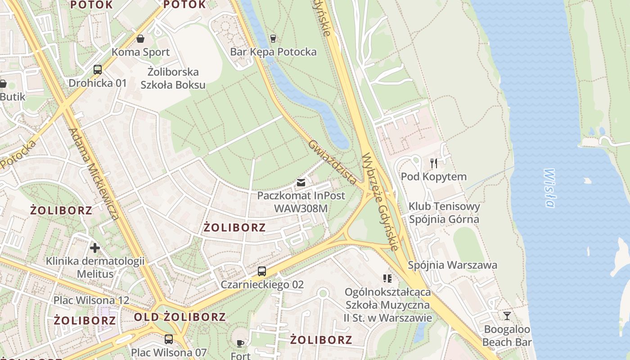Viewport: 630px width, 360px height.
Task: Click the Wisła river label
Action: click(549, 188)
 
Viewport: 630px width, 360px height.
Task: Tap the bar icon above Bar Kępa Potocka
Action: click(273, 38)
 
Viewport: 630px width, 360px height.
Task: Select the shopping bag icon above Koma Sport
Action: click(140, 39)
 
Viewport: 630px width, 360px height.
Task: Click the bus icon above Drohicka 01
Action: click(97, 69)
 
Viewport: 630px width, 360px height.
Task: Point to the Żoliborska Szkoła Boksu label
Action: click(173, 78)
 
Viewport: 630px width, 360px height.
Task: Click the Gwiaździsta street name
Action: click(333, 162)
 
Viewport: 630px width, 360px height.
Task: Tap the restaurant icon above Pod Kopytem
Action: click(433, 163)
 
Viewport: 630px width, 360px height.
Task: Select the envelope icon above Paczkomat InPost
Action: click(301, 182)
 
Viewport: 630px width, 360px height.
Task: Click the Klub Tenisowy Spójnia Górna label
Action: click(444, 213)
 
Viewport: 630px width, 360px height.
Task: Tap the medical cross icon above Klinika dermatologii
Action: click(95, 247)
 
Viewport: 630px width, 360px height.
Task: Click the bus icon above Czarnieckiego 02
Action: click(262, 271)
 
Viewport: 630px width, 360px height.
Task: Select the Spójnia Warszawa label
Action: click(452, 265)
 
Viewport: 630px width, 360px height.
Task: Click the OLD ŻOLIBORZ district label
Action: click(180, 317)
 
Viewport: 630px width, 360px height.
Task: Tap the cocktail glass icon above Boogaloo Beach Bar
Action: click(507, 316)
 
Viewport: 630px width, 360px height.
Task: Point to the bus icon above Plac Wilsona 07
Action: click(168, 339)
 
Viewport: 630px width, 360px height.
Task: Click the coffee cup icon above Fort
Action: click(240, 343)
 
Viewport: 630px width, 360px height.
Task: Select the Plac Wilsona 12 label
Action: click(91, 300)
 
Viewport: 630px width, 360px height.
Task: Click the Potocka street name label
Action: click(18, 155)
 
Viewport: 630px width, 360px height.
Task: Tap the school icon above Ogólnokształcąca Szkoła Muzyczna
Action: click(387, 279)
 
